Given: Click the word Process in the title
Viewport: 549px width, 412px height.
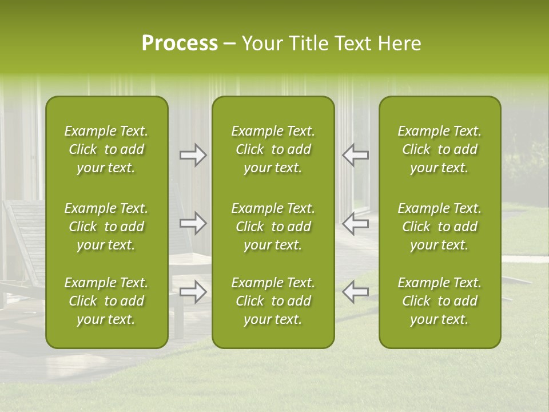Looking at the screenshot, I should pos(180,43).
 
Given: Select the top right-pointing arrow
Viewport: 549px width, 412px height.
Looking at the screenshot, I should pos(193,155).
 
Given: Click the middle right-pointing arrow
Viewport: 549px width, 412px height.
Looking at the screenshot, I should pos(193,223).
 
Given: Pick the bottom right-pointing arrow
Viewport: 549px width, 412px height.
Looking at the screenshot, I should pos(193,292).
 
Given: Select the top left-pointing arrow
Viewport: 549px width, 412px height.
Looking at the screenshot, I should pos(355,155).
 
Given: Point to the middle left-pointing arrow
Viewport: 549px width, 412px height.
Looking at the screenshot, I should pos(355,223).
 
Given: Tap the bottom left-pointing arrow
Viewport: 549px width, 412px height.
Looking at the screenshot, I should pos(355,292).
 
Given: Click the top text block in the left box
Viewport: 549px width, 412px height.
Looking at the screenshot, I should pos(106,149).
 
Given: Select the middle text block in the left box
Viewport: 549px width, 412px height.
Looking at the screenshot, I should pos(106,227).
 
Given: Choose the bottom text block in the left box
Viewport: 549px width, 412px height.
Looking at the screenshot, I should pos(106,301).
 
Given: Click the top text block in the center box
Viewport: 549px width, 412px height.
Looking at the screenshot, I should pos(273,149).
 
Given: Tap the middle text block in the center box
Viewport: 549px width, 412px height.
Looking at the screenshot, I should pos(273,227).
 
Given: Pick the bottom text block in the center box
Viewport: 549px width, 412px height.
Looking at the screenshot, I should pos(273,301).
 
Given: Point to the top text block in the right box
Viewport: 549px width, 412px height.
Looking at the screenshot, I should pos(440,149).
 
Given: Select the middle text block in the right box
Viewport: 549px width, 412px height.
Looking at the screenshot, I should pos(440,227).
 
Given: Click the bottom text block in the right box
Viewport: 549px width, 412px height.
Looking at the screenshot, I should pos(440,301).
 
